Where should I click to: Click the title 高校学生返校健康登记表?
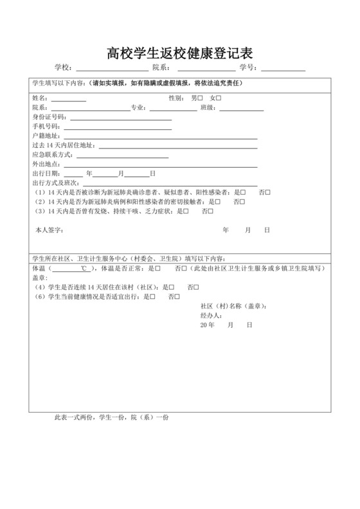point(180,53)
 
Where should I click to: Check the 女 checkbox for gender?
point(219,98)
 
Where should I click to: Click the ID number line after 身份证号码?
point(121,120)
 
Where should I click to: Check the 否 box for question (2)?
point(242,202)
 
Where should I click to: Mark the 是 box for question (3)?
point(185,211)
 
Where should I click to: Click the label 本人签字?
point(48,229)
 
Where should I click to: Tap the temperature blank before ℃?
point(61,269)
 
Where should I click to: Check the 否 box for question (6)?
point(177,297)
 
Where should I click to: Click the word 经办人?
point(211,316)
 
